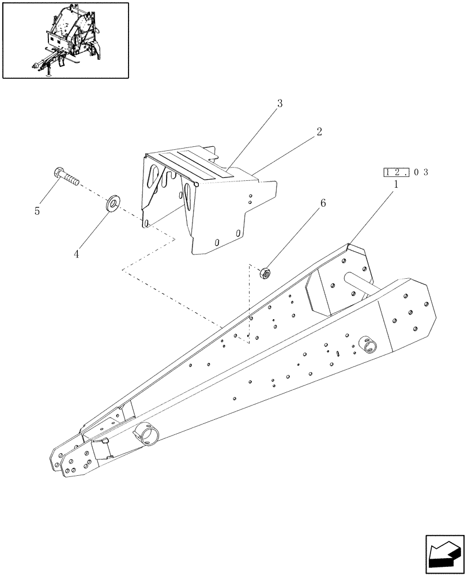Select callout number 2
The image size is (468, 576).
(x=319, y=131)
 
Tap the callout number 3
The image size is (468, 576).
(x=280, y=104)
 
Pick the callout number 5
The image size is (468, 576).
(x=37, y=211)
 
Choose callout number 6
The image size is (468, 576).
(x=322, y=203)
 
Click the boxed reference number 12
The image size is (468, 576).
(x=396, y=172)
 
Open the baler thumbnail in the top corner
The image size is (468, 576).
(x=65, y=40)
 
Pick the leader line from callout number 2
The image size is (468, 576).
(x=285, y=153)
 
